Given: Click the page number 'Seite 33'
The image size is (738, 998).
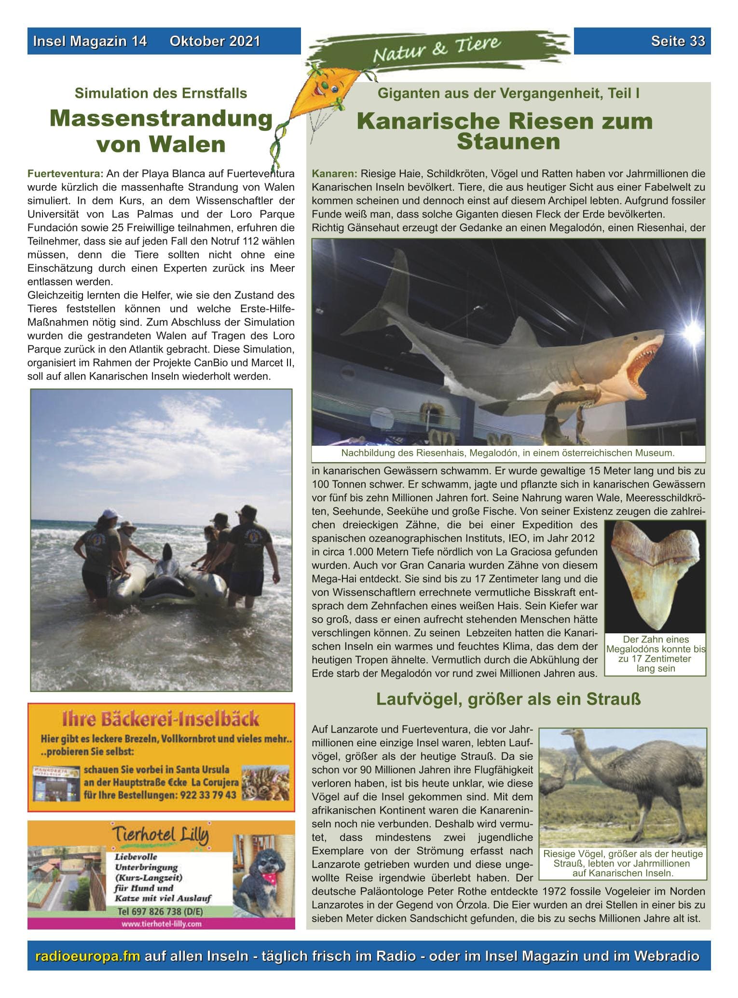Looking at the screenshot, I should [x=678, y=41].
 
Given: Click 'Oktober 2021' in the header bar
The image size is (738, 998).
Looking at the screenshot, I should [x=215, y=41].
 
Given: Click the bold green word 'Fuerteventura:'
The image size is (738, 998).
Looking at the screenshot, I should [x=66, y=174].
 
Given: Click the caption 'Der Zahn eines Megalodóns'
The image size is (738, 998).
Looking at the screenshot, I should [x=656, y=644].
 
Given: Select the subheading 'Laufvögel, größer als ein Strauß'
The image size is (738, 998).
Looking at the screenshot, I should [x=508, y=699].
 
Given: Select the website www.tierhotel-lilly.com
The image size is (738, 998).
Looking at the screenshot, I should [x=161, y=924].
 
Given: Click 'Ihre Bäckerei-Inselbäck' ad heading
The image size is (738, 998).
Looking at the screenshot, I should [x=161, y=719].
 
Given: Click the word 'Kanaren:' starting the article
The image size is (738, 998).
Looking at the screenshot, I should [x=334, y=174].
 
